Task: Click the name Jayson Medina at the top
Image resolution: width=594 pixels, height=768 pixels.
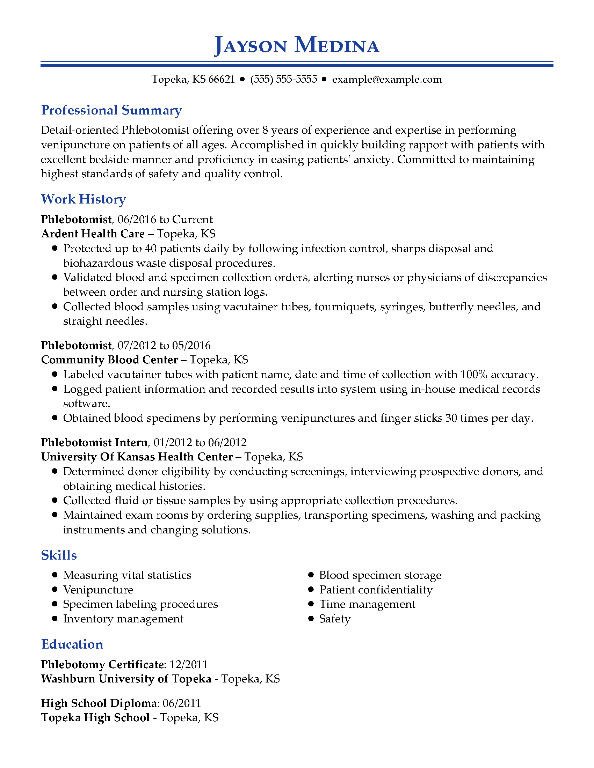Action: pos(297,45)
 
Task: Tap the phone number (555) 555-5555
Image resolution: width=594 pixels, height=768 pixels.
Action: pos(284,80)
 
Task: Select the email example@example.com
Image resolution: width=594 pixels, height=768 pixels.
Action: pos(387,80)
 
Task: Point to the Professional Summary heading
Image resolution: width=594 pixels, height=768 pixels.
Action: pos(111,110)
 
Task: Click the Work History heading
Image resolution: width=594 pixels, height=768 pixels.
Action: pos(84,199)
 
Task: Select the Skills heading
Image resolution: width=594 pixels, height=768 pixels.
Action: pos(59,555)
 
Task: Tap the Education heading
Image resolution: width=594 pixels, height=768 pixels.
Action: pos(72,644)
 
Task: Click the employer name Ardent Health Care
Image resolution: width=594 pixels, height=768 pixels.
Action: pos(93,234)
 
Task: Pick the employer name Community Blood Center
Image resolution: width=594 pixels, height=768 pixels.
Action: pos(109,360)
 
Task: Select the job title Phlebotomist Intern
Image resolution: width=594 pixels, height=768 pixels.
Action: pos(94,442)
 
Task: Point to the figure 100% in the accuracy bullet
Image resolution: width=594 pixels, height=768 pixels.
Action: pos(474,375)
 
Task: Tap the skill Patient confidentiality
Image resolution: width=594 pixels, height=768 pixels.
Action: pos(376,590)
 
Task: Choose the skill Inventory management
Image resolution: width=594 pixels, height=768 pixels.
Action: pos(123,619)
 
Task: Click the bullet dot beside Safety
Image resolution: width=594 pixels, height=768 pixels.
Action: pos(311,619)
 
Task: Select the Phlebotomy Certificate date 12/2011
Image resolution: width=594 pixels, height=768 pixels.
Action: pos(189,664)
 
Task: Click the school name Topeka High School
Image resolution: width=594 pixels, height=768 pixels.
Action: pos(95,717)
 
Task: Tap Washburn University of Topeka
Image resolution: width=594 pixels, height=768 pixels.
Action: pos(126,679)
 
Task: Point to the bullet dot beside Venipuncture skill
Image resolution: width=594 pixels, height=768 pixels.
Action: pos(55,590)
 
